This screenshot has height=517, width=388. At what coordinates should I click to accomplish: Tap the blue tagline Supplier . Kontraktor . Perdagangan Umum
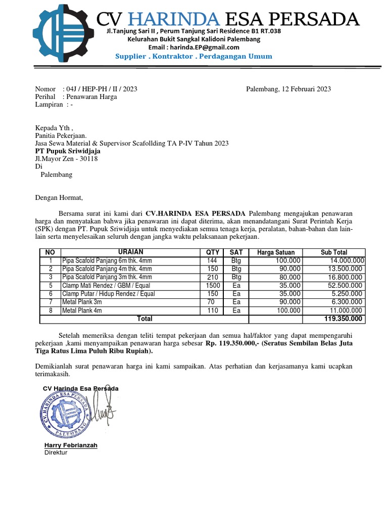click(193, 57)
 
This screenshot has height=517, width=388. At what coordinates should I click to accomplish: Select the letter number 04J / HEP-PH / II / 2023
click(102, 89)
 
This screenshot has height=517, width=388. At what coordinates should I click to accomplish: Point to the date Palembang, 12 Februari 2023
click(288, 89)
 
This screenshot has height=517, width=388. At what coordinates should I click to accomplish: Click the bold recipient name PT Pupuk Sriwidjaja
click(68, 151)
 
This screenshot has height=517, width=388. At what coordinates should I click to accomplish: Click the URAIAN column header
click(130, 252)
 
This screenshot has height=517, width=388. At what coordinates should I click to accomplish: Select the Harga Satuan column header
click(275, 252)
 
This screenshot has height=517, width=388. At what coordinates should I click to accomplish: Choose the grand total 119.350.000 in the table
click(343, 319)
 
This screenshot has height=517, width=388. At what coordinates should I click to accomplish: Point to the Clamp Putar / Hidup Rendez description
click(108, 294)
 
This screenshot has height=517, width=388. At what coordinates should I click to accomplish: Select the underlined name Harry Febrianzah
click(71, 445)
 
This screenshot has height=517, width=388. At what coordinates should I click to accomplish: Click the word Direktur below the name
click(56, 452)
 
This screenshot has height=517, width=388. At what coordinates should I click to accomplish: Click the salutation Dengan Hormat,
click(58, 198)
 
